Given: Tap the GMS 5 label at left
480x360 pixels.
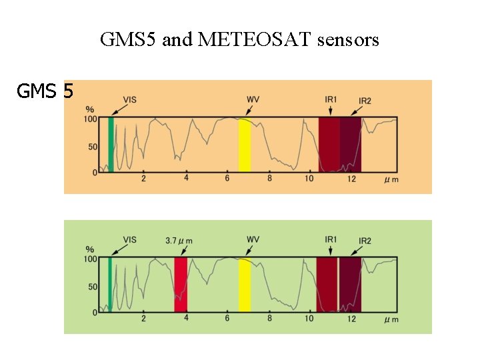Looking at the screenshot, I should (x=45, y=91).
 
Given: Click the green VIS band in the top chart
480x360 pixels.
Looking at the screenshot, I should (x=111, y=145).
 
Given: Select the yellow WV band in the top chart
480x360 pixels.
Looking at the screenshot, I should (x=245, y=145).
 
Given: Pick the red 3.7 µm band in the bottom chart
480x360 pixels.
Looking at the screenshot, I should (x=181, y=285).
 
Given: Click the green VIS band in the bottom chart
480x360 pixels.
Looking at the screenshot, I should (x=111, y=285).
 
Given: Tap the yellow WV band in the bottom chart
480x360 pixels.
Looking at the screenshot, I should (x=245, y=285).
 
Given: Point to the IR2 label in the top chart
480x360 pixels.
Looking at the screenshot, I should (x=365, y=101).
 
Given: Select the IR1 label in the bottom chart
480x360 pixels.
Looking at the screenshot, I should (x=331, y=239).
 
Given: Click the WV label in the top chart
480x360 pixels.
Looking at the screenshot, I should (x=253, y=99).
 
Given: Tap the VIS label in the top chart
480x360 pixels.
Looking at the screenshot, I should (x=131, y=99).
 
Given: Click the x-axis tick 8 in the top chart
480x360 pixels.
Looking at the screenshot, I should (x=269, y=179).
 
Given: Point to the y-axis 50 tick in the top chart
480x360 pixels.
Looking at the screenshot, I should (x=93, y=147).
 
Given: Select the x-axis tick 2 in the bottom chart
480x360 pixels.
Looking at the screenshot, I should (x=143, y=319).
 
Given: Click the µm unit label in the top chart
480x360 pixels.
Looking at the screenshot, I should (x=391, y=179).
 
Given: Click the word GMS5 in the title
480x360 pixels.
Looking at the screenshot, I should (x=128, y=41).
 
